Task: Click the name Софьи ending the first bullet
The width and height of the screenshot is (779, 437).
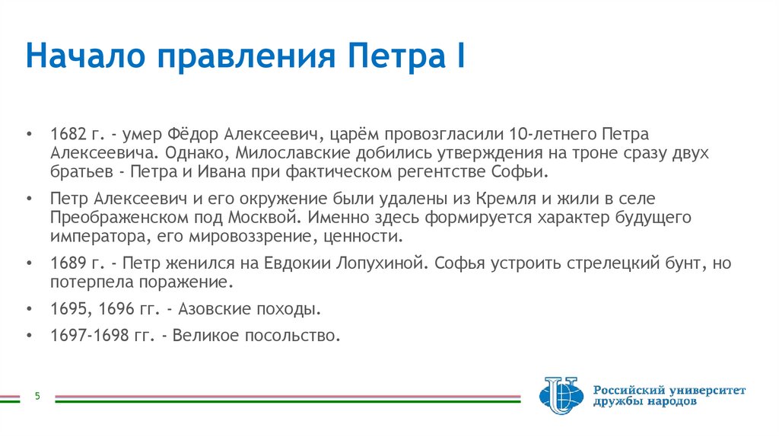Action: (523, 171)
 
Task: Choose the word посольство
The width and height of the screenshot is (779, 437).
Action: (300, 335)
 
